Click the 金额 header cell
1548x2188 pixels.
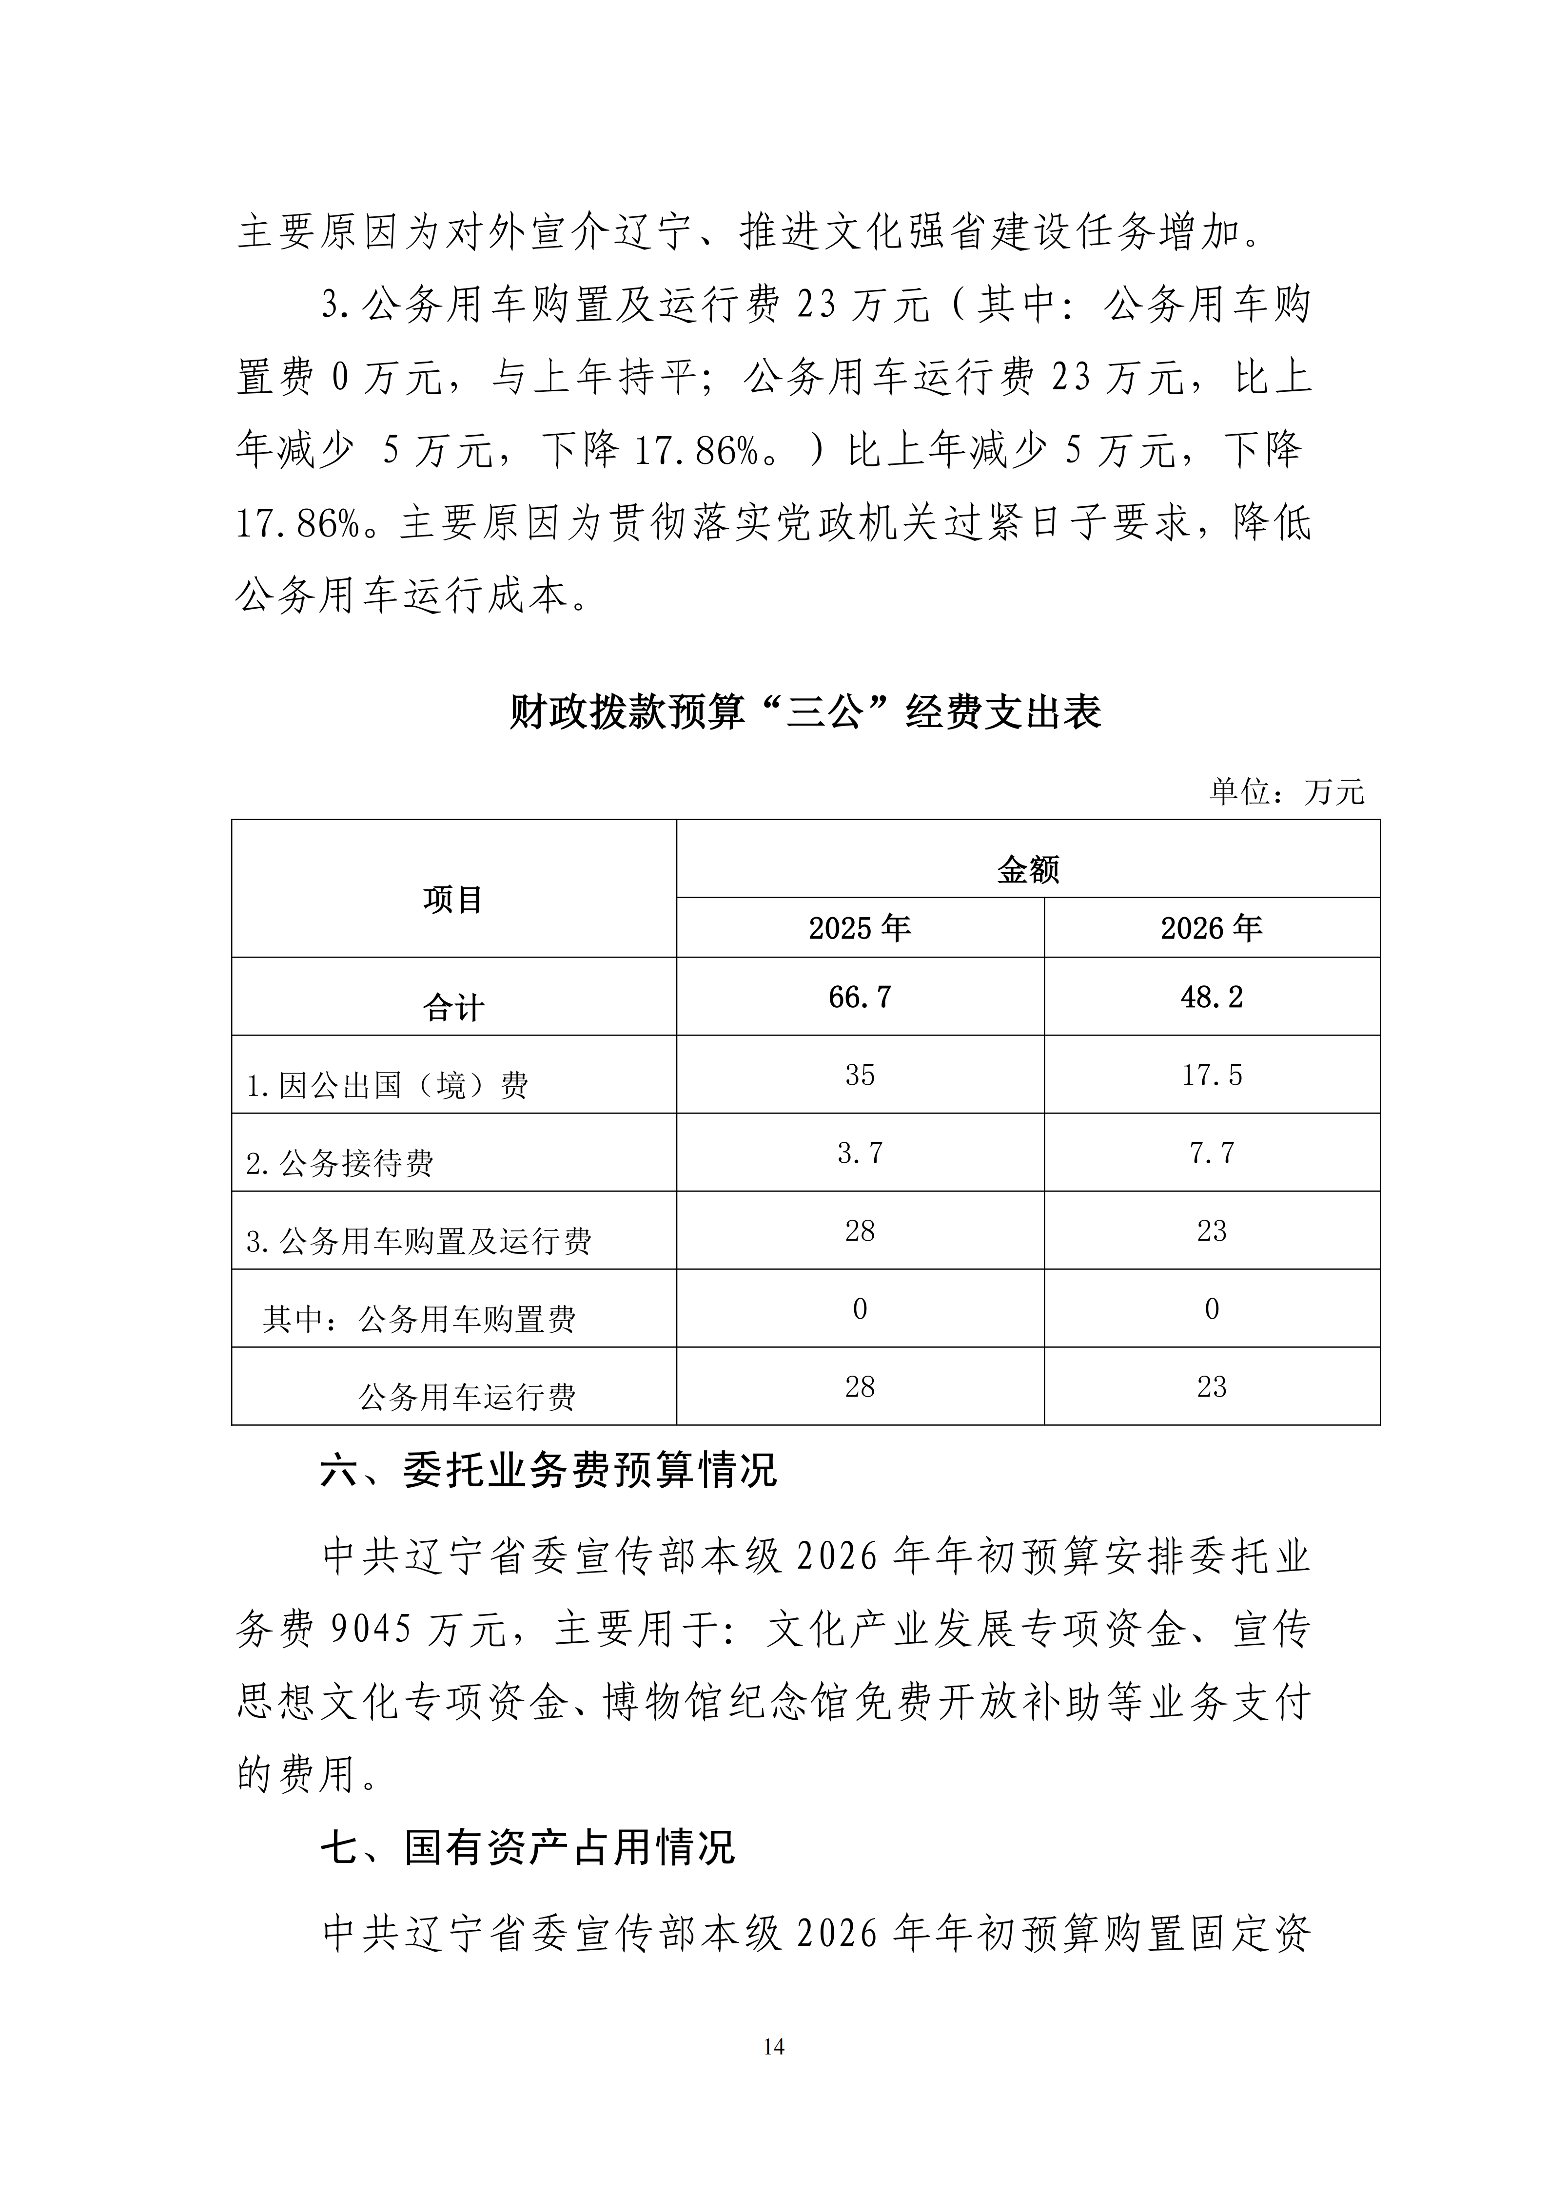(1028, 869)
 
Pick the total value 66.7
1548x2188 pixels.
(860, 998)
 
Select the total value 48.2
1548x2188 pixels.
(1212, 998)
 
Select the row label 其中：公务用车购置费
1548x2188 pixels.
(419, 1320)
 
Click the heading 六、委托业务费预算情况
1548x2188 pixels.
(549, 1470)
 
